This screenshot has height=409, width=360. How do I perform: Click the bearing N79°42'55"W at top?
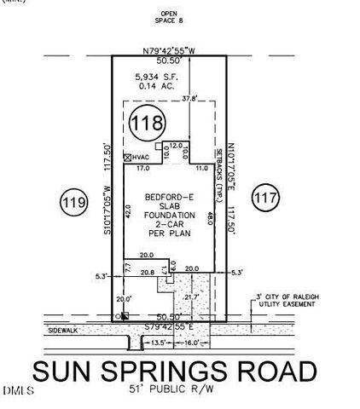tap(171, 51)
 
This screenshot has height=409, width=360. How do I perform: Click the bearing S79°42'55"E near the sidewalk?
tap(170, 325)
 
